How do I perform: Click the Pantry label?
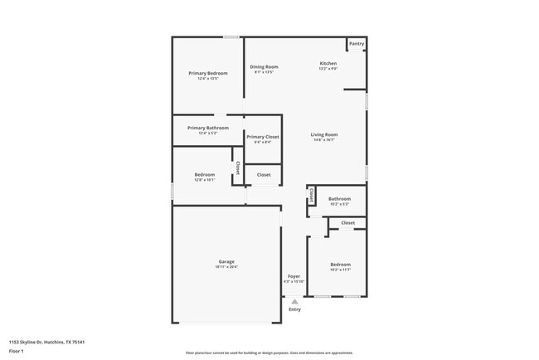357,44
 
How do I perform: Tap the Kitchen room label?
328,64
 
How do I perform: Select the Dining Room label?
264,67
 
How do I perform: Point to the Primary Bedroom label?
208,73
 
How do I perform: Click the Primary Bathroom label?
207,128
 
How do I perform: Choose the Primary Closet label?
263,136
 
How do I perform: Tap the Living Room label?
324,134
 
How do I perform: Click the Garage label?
226,261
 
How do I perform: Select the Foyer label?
294,276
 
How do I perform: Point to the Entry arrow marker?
294,302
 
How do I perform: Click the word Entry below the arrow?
294,310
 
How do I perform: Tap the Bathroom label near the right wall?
339,198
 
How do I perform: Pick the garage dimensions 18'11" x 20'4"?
226,267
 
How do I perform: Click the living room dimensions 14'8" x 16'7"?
324,140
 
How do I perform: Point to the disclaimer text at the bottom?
269,353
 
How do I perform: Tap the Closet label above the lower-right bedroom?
347,222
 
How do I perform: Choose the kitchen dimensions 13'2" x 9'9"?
328,69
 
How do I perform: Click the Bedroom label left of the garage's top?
205,174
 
